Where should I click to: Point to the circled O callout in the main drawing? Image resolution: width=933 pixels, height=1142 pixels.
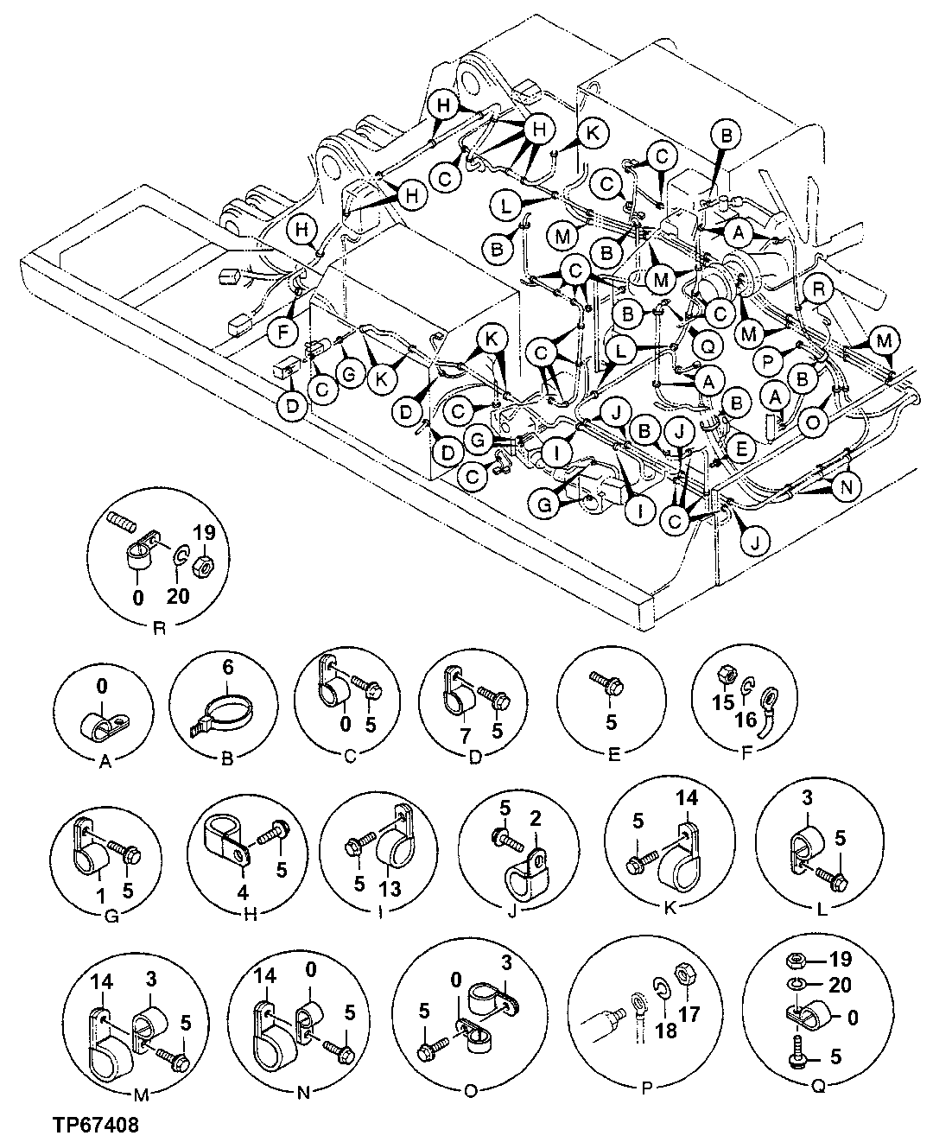point(813,422)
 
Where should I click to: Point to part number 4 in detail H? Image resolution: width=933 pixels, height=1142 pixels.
point(244,891)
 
